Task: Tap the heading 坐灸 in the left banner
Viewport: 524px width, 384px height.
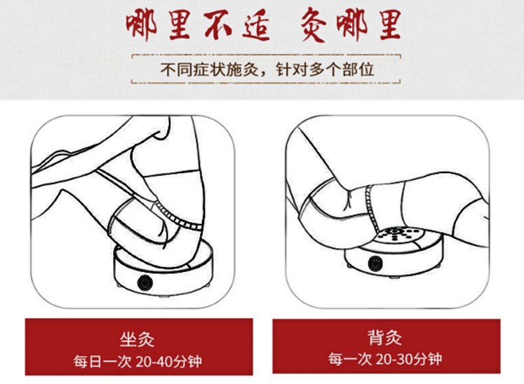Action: [x=137, y=339]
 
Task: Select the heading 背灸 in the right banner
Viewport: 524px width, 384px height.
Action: [x=384, y=337]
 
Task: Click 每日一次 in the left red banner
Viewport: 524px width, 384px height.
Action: [x=103, y=362]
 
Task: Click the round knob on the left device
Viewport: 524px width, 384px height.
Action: [x=145, y=283]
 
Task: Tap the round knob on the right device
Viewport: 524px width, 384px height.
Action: [x=375, y=263]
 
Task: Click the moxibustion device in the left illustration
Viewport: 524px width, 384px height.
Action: [x=163, y=270]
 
